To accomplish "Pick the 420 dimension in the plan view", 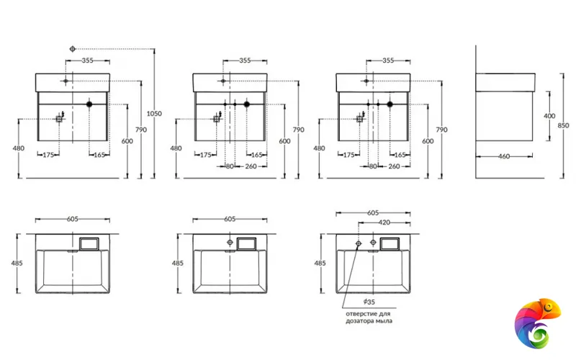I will [x=384, y=222].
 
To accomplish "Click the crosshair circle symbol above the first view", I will [x=73, y=48].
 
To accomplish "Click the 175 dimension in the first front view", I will [x=50, y=155].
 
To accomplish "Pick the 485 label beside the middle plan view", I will [x=176, y=264].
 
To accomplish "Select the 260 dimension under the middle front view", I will [x=251, y=166].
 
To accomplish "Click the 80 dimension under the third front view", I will [x=373, y=166].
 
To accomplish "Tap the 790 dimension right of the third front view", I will [x=442, y=130].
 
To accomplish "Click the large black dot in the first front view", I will [x=89, y=105].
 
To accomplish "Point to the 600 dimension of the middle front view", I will [x=284, y=141].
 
